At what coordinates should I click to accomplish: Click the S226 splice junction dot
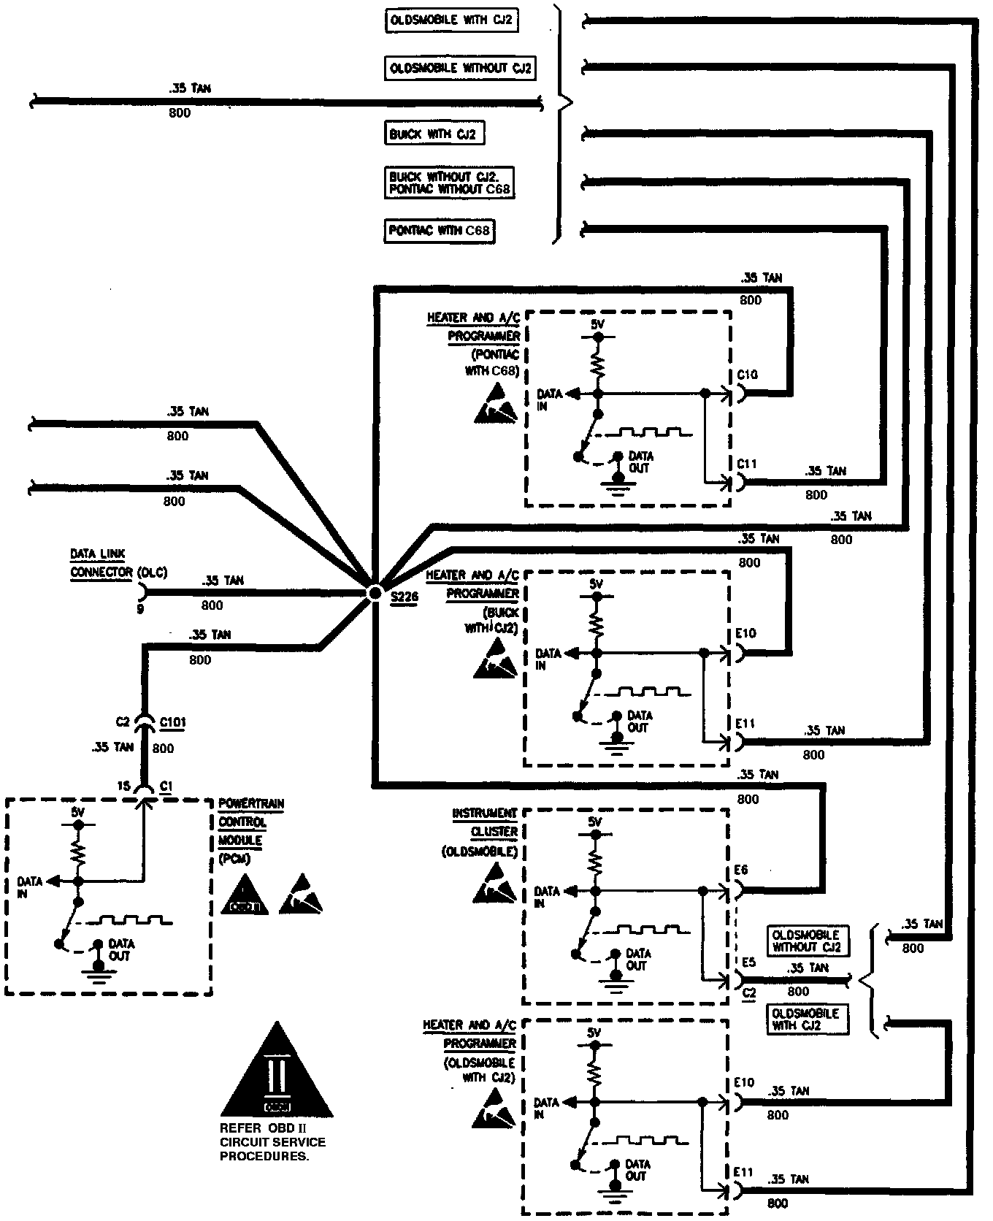click(x=374, y=592)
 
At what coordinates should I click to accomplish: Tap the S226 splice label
click(x=404, y=597)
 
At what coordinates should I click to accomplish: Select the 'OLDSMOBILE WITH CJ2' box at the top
click(x=451, y=20)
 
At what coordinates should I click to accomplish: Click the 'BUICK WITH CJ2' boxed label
click(x=434, y=134)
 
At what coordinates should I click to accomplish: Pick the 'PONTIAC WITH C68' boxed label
click(x=439, y=231)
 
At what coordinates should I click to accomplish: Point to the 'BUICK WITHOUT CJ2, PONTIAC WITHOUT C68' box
click(x=449, y=183)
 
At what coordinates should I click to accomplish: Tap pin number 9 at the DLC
click(x=140, y=608)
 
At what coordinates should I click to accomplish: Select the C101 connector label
click(x=172, y=722)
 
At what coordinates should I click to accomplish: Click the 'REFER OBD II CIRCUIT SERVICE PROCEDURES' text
click(x=272, y=1142)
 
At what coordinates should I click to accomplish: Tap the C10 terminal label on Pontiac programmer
click(x=747, y=375)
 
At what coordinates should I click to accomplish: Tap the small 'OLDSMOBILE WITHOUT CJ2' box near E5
click(x=806, y=941)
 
